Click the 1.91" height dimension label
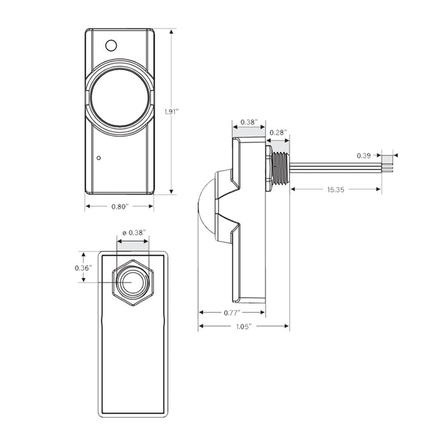171,111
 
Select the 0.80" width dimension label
118,206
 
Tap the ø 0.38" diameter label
133,232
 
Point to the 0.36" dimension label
83,268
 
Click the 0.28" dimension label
277,132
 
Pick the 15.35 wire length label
336,190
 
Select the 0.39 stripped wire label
364,156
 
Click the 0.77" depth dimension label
232,312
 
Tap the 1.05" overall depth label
243,327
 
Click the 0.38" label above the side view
248,121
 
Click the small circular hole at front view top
110,45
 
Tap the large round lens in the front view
118,97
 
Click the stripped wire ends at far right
387,163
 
